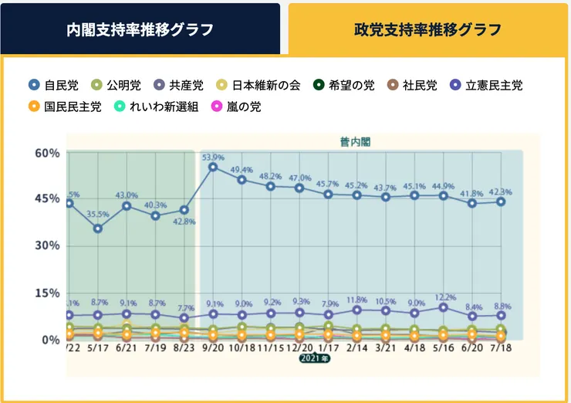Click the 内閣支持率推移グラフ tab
140,29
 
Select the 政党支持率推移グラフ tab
427,29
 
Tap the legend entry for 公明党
115,86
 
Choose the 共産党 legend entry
178,86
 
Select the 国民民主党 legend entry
64,107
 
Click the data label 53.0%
213,157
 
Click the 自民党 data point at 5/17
97,229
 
